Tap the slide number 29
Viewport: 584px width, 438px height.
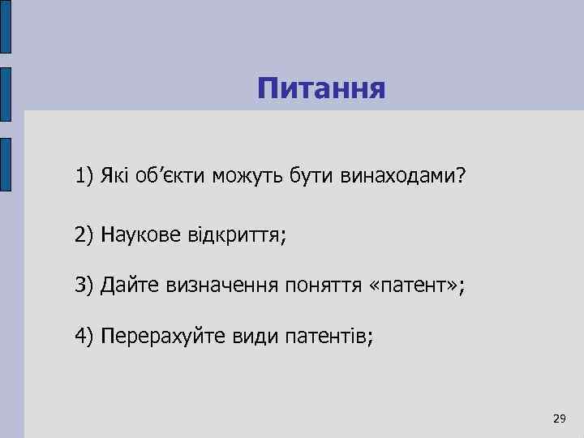[558, 419]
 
